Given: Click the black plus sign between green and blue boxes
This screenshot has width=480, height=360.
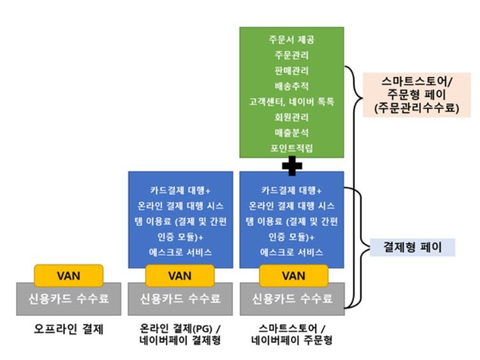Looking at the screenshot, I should click(x=292, y=164).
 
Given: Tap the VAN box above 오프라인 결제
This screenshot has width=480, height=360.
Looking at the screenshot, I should click(x=69, y=276).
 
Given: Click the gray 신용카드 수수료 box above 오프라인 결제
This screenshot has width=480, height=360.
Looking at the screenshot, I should click(x=69, y=298).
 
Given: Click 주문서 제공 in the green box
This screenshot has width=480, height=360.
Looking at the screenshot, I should click(x=291, y=40).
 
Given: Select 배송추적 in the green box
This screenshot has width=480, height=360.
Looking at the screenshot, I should click(x=291, y=86).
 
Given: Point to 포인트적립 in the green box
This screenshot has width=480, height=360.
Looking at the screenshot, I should click(x=291, y=148).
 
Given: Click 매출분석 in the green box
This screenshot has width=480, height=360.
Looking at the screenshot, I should click(x=291, y=133).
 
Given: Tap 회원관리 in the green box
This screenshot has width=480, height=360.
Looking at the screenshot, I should click(x=291, y=117).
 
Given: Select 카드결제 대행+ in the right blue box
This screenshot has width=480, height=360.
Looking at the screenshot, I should click(x=292, y=190).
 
